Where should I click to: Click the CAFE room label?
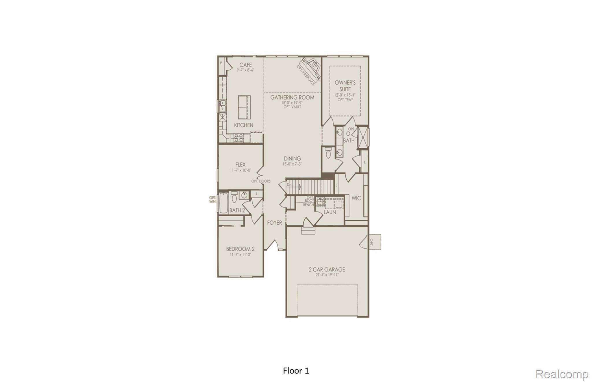(x=245, y=65)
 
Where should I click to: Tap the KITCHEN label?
(x=244, y=125)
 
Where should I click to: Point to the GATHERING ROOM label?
(x=292, y=97)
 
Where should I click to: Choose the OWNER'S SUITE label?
(x=345, y=86)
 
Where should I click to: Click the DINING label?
(x=292, y=158)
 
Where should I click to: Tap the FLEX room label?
(x=240, y=165)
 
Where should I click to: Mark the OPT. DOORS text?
(x=261, y=181)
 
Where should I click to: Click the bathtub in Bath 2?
(x=223, y=203)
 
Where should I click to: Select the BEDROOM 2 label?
(x=240, y=249)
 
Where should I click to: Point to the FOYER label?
(x=274, y=223)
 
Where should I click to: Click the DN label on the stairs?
(x=289, y=184)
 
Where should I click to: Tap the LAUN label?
(x=330, y=212)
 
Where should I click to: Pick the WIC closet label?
(x=356, y=198)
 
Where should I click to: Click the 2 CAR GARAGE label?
(x=327, y=270)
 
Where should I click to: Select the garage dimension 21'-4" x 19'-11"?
(x=327, y=275)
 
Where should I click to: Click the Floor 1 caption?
(x=296, y=371)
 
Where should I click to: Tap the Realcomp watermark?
(x=561, y=374)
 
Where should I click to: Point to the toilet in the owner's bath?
(x=328, y=153)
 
